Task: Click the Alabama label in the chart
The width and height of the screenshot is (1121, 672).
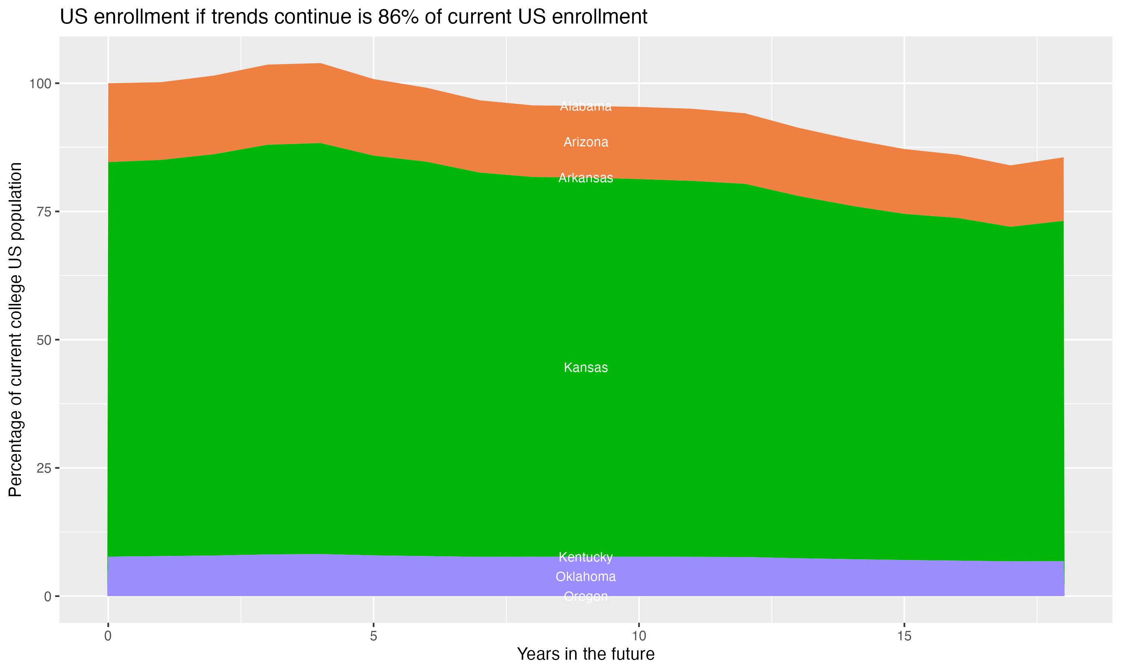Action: pos(586,106)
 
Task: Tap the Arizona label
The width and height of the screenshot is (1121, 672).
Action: pos(586,142)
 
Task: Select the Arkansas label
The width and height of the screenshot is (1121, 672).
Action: pos(586,178)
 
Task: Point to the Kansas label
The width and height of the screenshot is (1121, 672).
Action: pos(586,367)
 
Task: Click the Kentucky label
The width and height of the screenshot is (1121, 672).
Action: pos(586,557)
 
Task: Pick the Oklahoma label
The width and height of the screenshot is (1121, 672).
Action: pos(586,576)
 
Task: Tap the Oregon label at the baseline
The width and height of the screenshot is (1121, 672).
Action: pos(586,596)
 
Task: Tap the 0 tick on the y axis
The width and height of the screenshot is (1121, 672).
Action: pos(47,596)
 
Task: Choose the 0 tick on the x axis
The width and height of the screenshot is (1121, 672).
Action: pos(108,636)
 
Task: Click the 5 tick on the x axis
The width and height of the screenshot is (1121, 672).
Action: pos(373,636)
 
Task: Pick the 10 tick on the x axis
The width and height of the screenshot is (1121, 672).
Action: pos(639,636)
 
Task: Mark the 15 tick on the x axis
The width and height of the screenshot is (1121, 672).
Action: pos(904,636)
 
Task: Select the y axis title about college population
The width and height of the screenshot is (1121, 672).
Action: pos(16,330)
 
